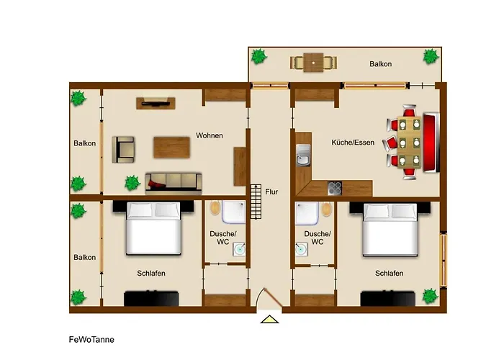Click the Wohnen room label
click(210, 135)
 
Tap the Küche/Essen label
click(353, 142)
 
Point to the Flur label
click(271, 192)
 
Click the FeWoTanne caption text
click(91, 339)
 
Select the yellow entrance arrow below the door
click(270, 319)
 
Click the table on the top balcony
click(313, 63)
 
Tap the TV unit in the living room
click(156, 103)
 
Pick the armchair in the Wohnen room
click(123, 150)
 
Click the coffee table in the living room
click(171, 147)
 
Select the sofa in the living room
click(174, 183)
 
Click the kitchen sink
click(303, 155)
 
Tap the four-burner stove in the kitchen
click(335, 189)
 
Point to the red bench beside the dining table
click(431, 142)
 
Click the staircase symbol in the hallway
click(256, 202)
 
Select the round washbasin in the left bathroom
click(239, 249)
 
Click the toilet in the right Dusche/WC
click(326, 210)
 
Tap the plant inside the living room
click(132, 183)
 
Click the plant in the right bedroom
click(430, 297)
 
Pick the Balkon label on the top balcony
click(381, 64)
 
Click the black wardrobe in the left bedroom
click(151, 299)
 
